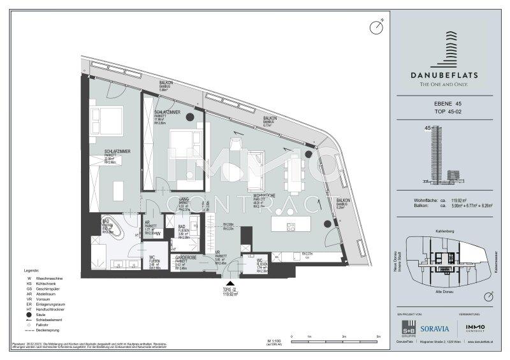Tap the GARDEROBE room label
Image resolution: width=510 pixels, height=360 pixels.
pyautogui.click(x=186, y=259)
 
